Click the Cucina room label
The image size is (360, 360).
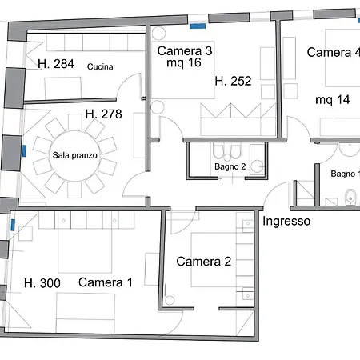100,66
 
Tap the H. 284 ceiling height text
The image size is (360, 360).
56,64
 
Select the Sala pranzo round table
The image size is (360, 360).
75,156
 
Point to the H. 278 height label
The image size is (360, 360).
104,114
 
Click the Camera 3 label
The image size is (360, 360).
185,50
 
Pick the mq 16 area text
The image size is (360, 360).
184,62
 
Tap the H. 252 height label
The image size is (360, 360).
234,81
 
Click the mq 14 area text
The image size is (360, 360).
333,100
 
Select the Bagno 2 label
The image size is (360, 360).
230,166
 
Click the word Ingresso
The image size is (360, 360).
286,221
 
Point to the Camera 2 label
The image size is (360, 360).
204,262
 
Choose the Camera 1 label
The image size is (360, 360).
106,282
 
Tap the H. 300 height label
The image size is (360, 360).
42,283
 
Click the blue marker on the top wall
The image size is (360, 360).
198,26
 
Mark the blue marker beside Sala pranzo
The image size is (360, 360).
24,151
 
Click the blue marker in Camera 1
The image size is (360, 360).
13,225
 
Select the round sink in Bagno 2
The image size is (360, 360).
258,166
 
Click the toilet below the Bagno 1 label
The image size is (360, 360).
350,198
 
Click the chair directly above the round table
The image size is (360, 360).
75,122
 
